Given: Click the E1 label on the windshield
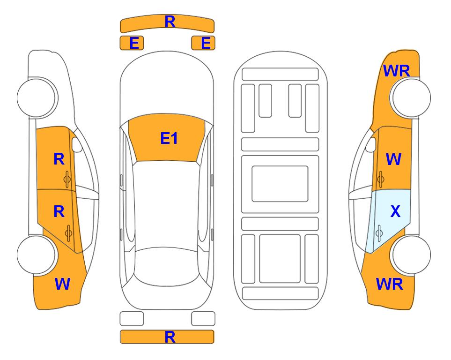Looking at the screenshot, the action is [x=169, y=138].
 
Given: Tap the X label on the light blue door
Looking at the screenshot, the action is [x=395, y=211].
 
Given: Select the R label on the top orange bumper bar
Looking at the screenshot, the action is [x=170, y=22].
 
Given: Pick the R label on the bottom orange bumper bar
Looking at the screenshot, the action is [x=170, y=337].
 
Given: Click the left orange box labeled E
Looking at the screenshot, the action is [x=132, y=43].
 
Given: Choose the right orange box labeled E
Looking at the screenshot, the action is [x=203, y=43].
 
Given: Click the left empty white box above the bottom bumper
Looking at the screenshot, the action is [x=132, y=319].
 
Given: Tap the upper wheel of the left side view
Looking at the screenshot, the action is [x=37, y=97].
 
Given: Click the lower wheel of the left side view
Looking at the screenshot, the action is [x=37, y=255].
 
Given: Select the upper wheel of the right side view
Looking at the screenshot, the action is [x=411, y=97].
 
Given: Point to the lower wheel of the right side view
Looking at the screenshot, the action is [x=411, y=255].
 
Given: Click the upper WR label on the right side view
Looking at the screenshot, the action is [x=397, y=71].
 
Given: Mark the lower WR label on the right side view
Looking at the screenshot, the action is [x=390, y=284].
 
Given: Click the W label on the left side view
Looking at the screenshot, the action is [x=62, y=284].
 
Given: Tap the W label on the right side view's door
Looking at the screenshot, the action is [x=393, y=159].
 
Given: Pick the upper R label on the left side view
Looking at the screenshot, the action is [x=59, y=159].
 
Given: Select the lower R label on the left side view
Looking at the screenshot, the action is [x=59, y=211].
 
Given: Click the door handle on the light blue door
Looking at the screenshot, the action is [x=379, y=233].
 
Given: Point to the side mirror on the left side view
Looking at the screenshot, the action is [x=76, y=144].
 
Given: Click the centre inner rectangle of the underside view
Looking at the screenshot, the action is [x=280, y=184].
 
